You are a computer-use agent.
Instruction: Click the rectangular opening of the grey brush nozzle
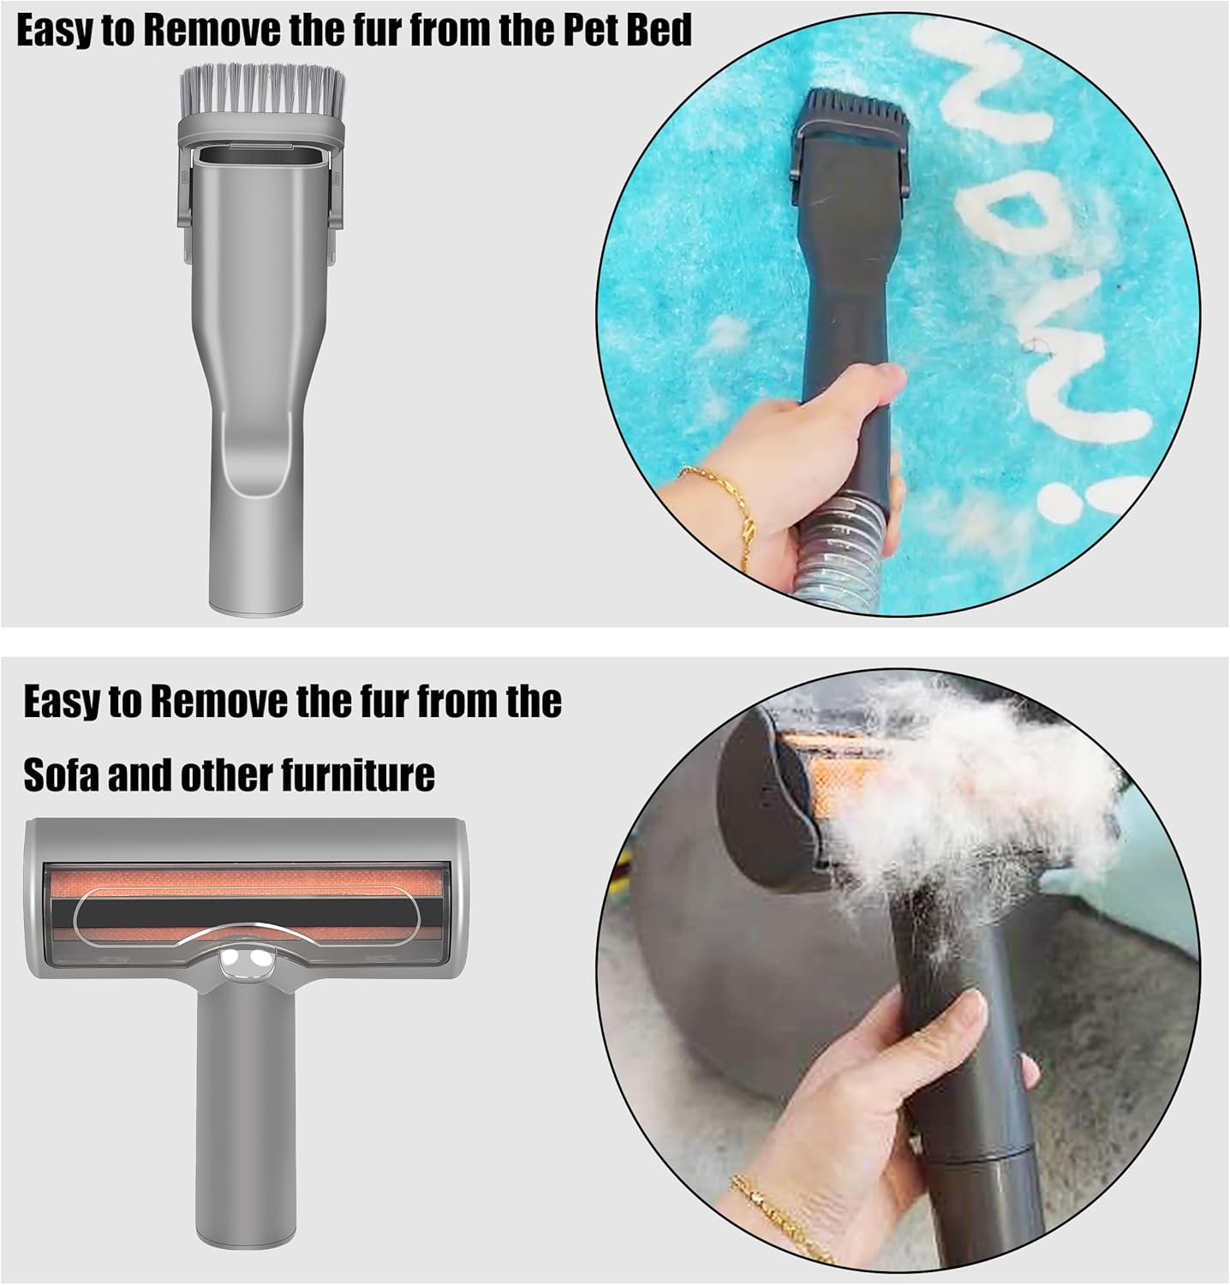pyautogui.click(x=261, y=158)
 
